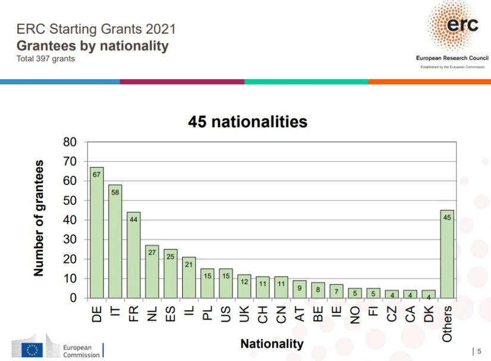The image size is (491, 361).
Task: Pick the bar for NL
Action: tap(152, 274)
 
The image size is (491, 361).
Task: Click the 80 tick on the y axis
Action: tap(70, 142)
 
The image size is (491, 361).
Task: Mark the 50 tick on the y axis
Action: tap(70, 200)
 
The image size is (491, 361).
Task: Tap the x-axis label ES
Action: tap(170, 313)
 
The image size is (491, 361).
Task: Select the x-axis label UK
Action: tap(244, 313)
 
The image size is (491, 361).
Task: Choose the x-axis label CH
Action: tap(262, 313)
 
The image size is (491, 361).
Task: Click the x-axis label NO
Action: tap(355, 313)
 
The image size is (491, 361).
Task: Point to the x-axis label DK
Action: tap(429, 313)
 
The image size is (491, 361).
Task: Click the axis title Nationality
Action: tap(271, 344)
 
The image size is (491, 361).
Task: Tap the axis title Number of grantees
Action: tap(39, 218)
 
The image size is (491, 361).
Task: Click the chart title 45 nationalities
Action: tap(248, 122)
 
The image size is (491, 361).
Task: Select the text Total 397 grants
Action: tap(46, 59)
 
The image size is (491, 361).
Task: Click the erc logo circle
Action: tap(454, 27)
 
